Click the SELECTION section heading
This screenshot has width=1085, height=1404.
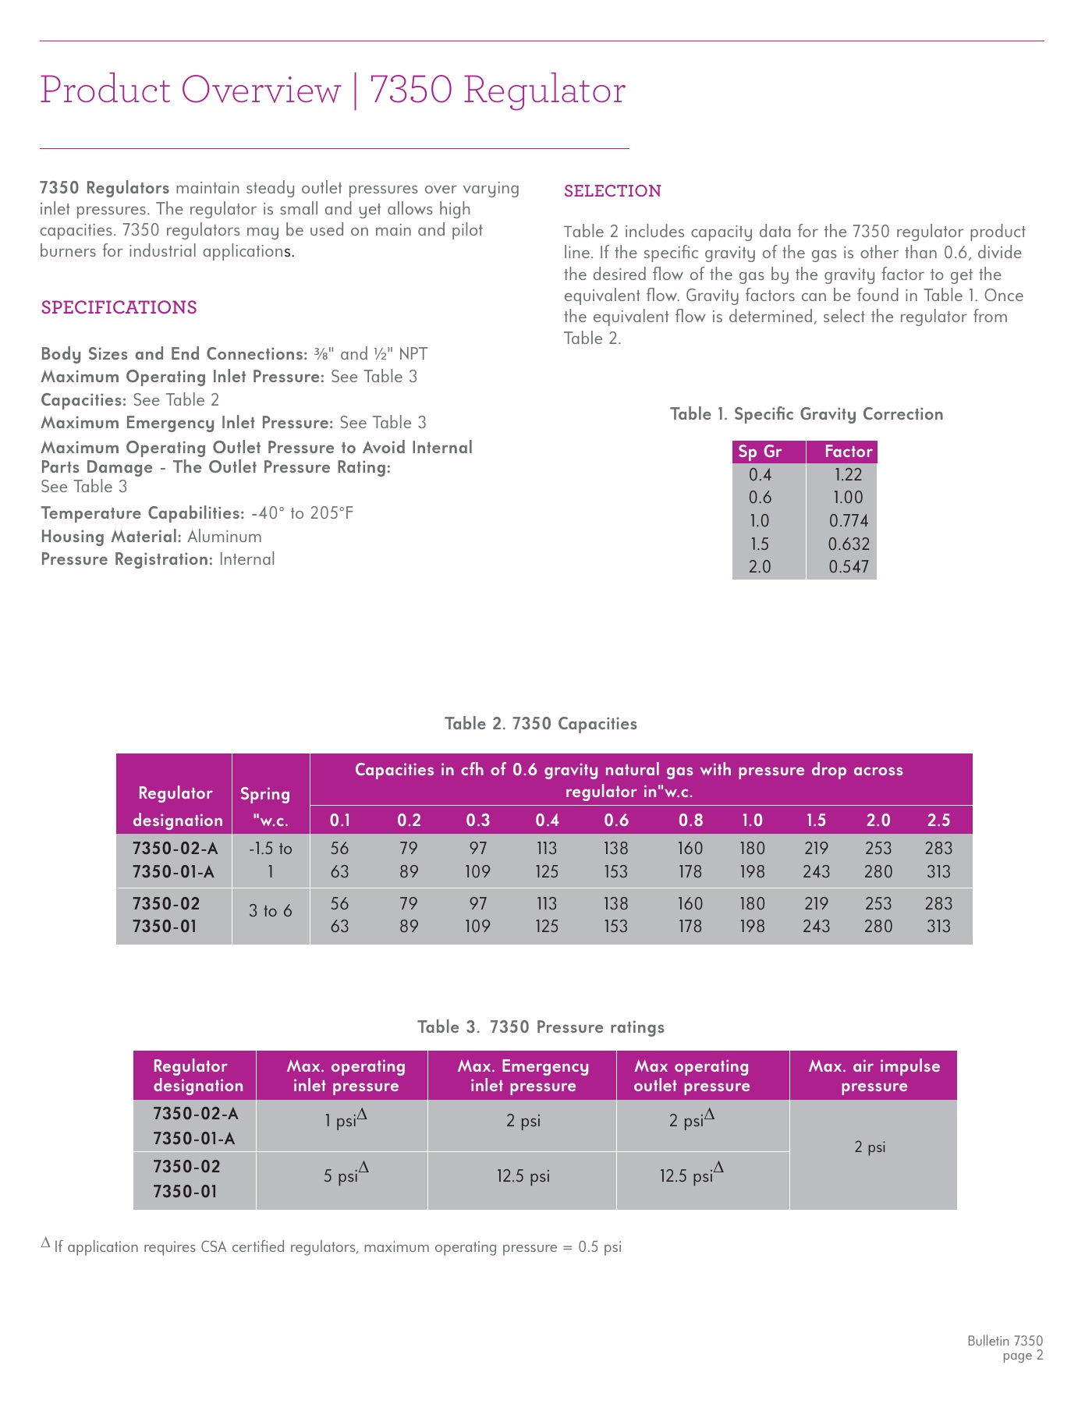612,191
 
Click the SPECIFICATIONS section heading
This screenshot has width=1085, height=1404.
119,307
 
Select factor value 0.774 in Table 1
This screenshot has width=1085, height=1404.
848,521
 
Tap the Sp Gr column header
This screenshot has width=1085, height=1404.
761,452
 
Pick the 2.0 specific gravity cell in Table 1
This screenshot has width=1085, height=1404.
760,567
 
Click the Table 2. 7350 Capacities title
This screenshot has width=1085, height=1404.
541,724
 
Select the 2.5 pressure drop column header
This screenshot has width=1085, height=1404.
938,820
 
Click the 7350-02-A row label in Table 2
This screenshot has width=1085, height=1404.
175,849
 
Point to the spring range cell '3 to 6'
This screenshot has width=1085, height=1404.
270,911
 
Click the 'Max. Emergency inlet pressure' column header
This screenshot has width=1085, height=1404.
523,1076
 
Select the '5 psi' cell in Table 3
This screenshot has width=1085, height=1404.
341,1176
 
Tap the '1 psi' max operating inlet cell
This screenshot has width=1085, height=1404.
341,1122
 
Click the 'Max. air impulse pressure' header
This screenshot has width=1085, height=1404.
874,1076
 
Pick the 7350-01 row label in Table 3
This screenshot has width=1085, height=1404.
185,1192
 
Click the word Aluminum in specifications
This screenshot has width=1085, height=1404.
225,537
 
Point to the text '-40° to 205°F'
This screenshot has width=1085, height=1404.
302,513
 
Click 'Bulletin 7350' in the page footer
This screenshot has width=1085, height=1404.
1005,1342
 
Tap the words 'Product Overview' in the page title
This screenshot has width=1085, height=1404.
190,90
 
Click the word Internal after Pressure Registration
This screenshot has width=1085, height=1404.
246,559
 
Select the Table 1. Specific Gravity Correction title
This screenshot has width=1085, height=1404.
807,414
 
